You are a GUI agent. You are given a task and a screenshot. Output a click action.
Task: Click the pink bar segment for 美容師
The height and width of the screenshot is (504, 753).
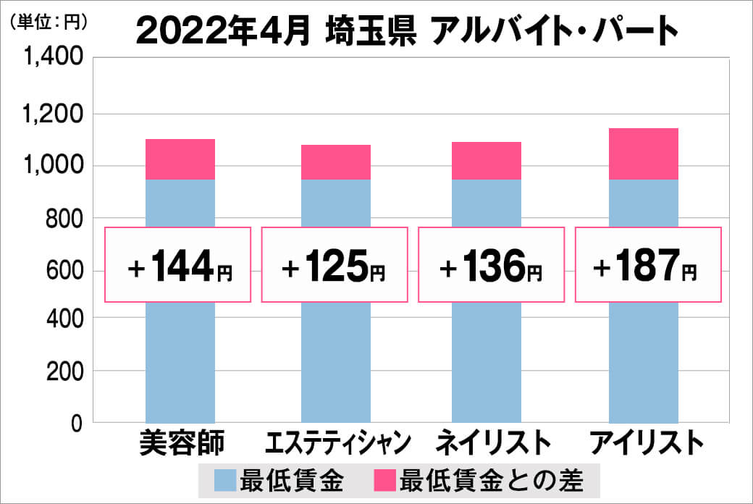[x=180, y=159]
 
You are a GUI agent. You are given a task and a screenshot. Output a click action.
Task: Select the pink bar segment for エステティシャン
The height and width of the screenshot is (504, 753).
[x=335, y=162]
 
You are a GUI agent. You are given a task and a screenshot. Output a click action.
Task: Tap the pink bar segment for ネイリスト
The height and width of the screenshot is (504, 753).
[x=486, y=161]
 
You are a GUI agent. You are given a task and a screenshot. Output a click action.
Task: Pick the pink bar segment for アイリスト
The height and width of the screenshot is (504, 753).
[x=643, y=154]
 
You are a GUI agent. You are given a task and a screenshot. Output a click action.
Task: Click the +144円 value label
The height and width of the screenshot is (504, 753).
[x=179, y=265]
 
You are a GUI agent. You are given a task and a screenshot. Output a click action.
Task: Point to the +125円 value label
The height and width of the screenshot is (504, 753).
[x=334, y=265]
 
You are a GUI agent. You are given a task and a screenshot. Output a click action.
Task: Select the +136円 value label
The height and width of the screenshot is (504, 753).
[x=491, y=265]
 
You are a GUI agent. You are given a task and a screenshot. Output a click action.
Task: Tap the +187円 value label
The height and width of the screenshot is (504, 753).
[x=647, y=265]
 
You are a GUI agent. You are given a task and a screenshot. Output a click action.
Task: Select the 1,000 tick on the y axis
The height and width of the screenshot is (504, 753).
[x=55, y=166]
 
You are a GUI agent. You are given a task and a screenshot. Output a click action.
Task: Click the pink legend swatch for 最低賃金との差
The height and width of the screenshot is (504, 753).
[x=384, y=479]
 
